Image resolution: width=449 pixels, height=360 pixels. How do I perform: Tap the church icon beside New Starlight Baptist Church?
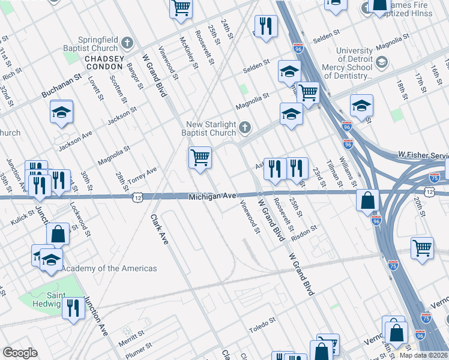coord(244,127)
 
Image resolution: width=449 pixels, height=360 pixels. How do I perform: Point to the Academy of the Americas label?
coord(109,268)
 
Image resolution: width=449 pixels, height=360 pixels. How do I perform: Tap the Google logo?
coord(20,353)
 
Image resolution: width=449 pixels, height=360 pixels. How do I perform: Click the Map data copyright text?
coord(424,355)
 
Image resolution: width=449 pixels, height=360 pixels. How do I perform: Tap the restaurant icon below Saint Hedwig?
coord(73,309)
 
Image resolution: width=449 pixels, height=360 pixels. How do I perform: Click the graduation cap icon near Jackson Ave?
coord(61,112)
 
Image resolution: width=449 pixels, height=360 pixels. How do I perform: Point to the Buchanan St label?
coord(61,87)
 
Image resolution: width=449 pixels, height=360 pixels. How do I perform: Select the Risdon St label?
coord(304,233)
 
